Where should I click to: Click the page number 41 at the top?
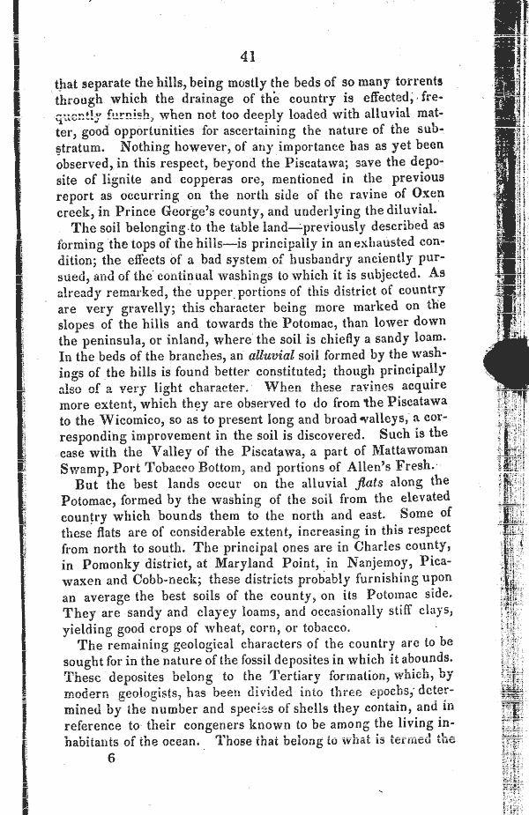247,56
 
